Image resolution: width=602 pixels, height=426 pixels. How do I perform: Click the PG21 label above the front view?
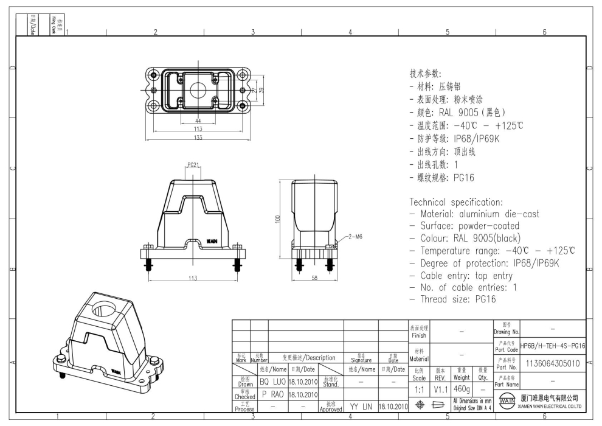pos(193,165)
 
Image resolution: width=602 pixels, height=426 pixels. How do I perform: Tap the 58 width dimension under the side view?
pos(314,278)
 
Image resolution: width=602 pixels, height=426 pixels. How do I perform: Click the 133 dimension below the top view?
pos(198,137)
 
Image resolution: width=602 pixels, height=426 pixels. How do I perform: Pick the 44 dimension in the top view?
pos(198,122)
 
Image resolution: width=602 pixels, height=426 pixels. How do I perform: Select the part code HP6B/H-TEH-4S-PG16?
pos(553,346)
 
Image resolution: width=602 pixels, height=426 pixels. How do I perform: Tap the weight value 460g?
pos(462,388)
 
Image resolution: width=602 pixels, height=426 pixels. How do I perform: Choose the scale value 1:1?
pos(420,388)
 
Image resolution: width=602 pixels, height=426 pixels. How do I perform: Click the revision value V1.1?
pos(440,388)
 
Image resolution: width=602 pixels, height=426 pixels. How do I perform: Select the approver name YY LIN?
pos(361,405)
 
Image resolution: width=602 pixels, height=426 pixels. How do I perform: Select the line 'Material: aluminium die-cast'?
pos(474,214)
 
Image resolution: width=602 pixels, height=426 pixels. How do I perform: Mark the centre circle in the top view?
pos(198,89)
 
